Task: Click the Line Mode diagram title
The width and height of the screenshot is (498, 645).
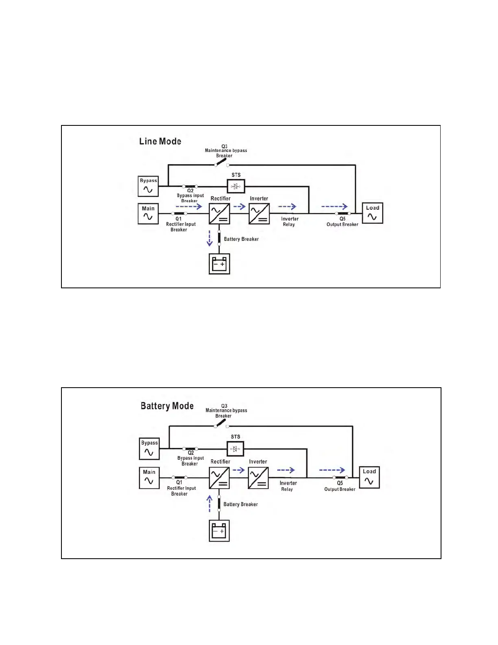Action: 160,141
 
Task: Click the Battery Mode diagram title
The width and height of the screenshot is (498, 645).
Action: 167,406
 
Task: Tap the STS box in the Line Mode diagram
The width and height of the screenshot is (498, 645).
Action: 236,186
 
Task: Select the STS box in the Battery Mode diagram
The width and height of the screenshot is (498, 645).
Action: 235,449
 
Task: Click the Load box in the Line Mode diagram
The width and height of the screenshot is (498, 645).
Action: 372,213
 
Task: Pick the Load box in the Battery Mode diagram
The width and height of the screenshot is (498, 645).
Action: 369,477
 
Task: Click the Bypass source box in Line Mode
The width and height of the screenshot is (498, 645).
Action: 148,186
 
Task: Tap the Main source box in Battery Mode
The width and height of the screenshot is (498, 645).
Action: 149,478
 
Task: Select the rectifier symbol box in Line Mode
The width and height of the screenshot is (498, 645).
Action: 219,214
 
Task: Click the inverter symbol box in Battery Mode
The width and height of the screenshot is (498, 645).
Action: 258,478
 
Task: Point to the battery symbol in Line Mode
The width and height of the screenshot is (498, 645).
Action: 219,264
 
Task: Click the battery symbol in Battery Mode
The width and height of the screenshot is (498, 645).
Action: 219,531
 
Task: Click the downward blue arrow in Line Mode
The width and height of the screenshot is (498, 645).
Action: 210,238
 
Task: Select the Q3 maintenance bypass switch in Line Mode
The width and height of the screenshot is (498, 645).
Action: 221,162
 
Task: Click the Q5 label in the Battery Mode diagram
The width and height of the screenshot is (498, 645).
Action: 340,483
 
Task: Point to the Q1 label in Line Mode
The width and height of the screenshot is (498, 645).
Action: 179,219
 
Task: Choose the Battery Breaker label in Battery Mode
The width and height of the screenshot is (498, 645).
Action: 240,504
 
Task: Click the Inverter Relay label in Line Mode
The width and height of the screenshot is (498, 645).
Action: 289,222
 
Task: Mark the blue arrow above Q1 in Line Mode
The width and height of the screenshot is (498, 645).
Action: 189,206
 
